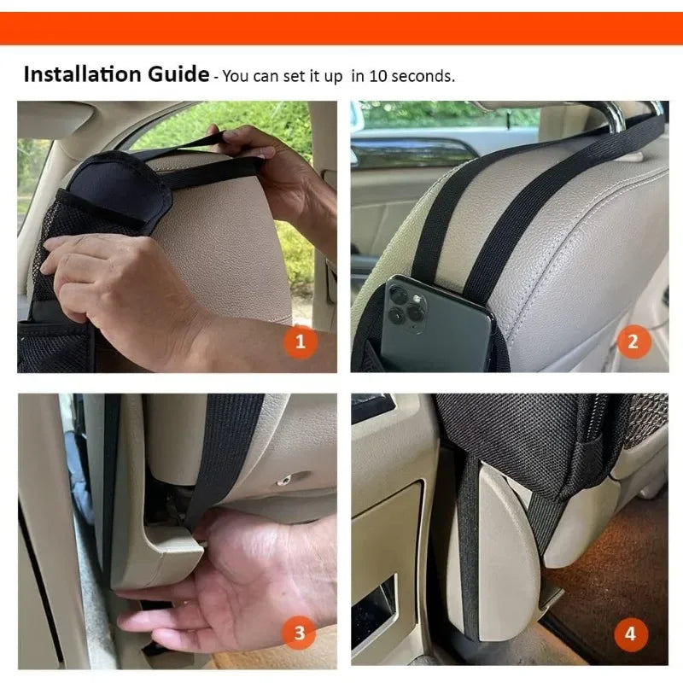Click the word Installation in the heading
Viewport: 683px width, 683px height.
(74, 74)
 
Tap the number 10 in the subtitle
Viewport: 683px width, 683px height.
(378, 76)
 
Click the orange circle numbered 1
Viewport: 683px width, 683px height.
(300, 342)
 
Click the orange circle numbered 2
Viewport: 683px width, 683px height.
(633, 342)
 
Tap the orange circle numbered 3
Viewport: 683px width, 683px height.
(300, 633)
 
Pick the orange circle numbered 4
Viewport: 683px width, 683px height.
(630, 633)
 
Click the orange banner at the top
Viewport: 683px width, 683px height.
(341, 28)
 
